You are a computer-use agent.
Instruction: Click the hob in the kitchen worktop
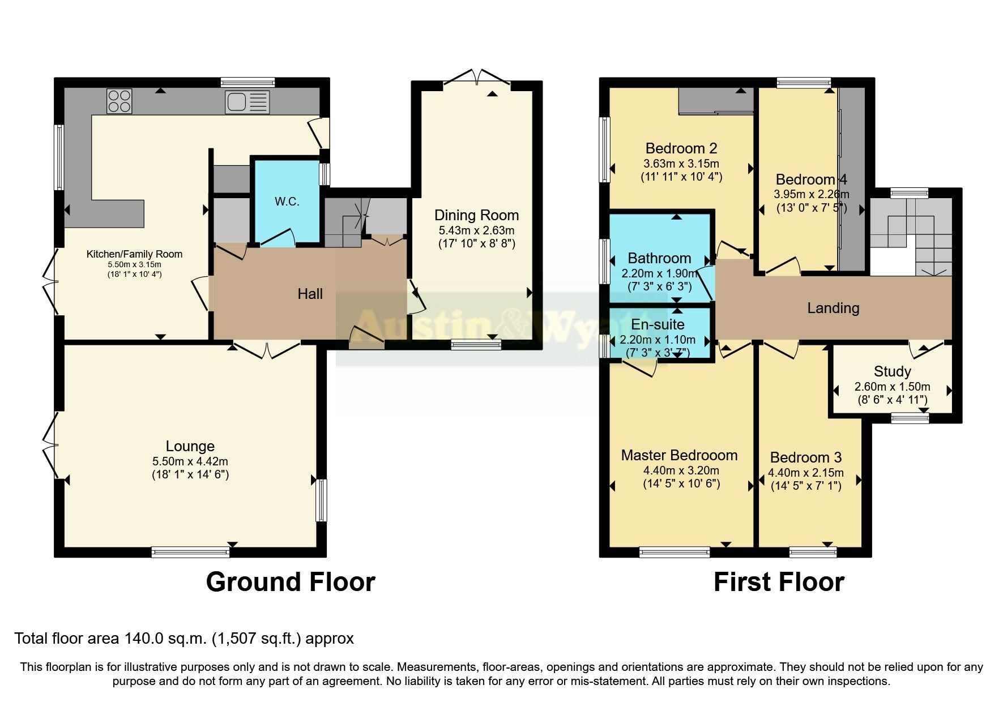coord(119,101)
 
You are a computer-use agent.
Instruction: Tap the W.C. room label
coord(287,202)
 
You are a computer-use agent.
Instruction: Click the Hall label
coord(310,294)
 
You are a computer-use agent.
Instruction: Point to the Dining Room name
coord(476,215)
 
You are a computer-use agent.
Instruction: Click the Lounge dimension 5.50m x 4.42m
coord(190,461)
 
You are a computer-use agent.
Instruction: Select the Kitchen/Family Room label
coord(134,254)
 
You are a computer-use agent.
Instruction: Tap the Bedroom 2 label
coord(681,148)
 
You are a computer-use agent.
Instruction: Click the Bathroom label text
coord(659,258)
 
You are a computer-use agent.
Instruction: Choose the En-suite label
coord(658,324)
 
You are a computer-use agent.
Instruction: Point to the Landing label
coord(833,308)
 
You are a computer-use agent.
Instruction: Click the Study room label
coord(892,371)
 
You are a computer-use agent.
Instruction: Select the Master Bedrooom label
coord(679,455)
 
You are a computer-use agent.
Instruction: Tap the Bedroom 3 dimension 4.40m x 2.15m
coord(805,473)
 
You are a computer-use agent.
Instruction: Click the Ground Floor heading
coord(291,582)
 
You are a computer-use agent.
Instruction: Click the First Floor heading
coord(779,582)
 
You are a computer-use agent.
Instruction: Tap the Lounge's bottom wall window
coord(190,552)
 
